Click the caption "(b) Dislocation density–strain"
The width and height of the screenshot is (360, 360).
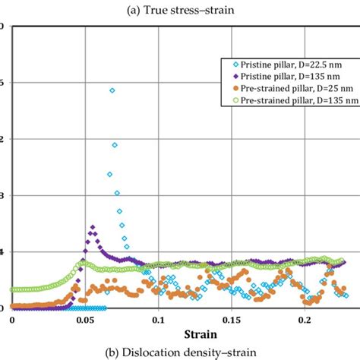click(x=180, y=352)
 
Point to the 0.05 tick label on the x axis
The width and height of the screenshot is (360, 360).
click(x=84, y=321)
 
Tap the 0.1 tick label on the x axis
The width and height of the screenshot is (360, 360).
click(x=157, y=321)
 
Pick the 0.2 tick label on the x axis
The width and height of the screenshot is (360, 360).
click(x=305, y=321)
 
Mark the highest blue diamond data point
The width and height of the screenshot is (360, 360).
click(x=112, y=90)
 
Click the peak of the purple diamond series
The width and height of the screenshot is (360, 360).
click(x=93, y=227)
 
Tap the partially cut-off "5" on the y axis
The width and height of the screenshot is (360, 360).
click(x=2, y=83)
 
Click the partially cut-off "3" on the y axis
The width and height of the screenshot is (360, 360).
click(x=2, y=196)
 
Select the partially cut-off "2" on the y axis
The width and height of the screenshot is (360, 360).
click(x=2, y=139)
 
